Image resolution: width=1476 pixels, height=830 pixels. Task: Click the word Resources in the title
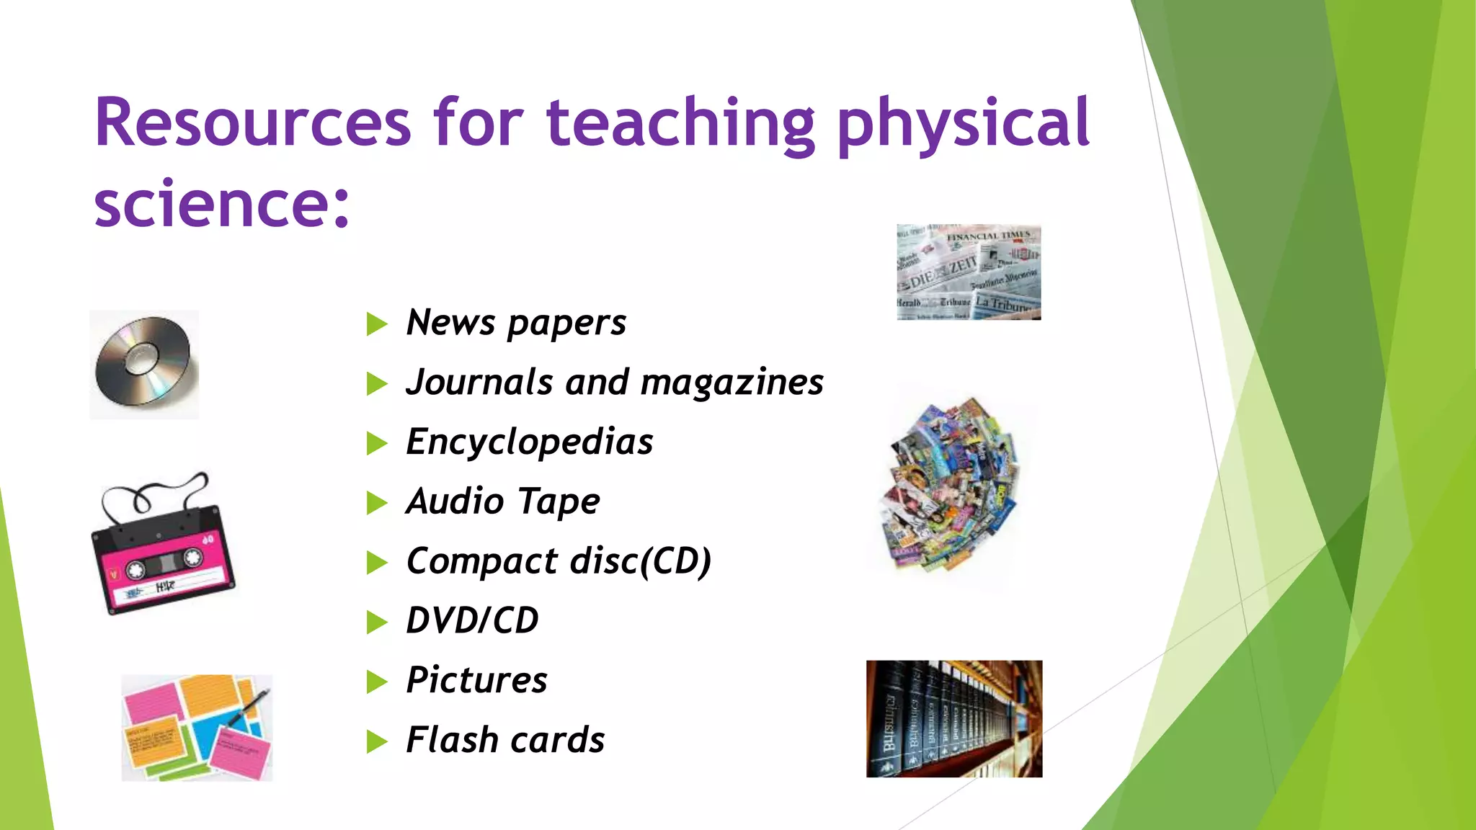tap(252, 122)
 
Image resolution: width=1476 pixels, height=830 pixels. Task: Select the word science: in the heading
tap(221, 204)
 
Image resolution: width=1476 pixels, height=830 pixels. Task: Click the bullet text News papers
tap(516, 323)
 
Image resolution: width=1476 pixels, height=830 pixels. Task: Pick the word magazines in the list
tap(732, 383)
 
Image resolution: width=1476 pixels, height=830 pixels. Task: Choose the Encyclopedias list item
tap(530, 442)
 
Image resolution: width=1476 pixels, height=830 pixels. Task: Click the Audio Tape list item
tap(503, 501)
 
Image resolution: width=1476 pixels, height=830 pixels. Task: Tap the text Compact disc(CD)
tap(559, 561)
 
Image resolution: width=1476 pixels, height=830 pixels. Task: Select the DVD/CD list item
tap(472, 620)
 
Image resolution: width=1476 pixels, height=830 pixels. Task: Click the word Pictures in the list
tap(476, 680)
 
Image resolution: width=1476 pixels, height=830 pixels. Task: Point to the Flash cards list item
tap(505, 740)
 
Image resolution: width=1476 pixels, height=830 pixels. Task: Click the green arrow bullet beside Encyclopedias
tap(376, 443)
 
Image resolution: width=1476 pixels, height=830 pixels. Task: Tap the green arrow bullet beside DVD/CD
tap(376, 622)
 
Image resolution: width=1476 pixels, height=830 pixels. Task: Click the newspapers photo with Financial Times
tap(968, 272)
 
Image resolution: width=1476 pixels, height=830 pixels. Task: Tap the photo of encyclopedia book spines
tap(953, 718)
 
